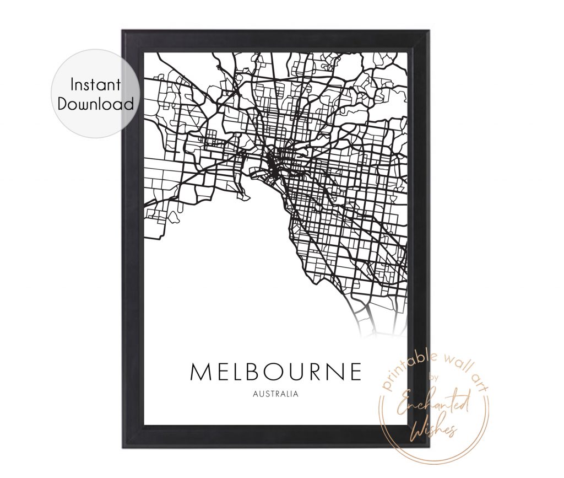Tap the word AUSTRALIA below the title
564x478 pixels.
tap(275, 394)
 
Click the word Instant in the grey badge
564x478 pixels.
tap(95, 85)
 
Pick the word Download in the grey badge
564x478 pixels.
tap(96, 104)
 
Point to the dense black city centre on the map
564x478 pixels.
tap(272, 164)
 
